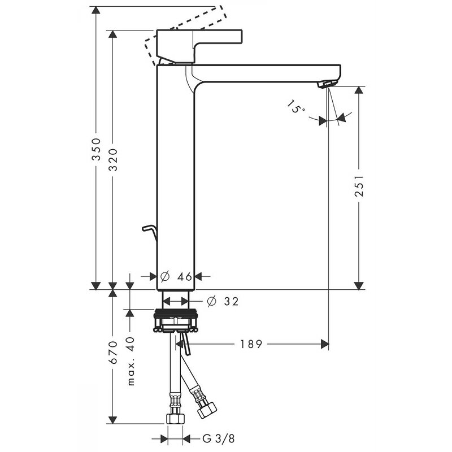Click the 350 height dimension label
96,149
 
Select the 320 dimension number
113,160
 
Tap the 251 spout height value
359,186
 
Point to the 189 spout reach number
251,344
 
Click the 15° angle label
295,106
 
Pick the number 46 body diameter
185,277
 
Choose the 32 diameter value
232,302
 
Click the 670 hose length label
113,352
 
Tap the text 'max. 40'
131,361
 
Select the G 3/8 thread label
219,439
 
